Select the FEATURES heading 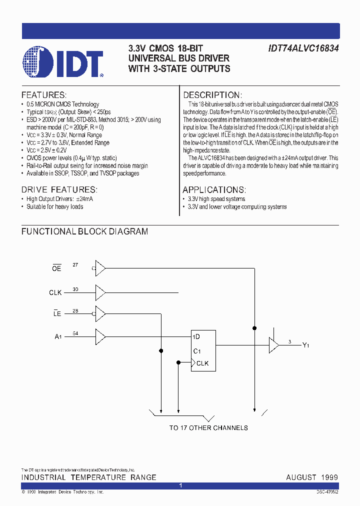tap(44, 95)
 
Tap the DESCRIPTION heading tap(212, 95)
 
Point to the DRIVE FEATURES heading tap(59, 189)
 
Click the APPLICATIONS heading tap(214, 189)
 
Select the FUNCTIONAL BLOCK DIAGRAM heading tap(84, 231)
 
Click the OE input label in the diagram tap(56, 268)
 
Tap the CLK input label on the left tap(55, 292)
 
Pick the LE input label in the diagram tap(57, 314)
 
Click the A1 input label tap(57, 336)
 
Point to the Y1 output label tap(305, 345)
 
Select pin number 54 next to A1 tap(75, 333)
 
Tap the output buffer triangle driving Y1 tap(273, 344)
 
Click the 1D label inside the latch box tap(197, 336)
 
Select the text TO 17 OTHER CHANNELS tap(208, 427)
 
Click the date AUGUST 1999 tap(312, 477)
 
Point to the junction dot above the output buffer tap(255, 328)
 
